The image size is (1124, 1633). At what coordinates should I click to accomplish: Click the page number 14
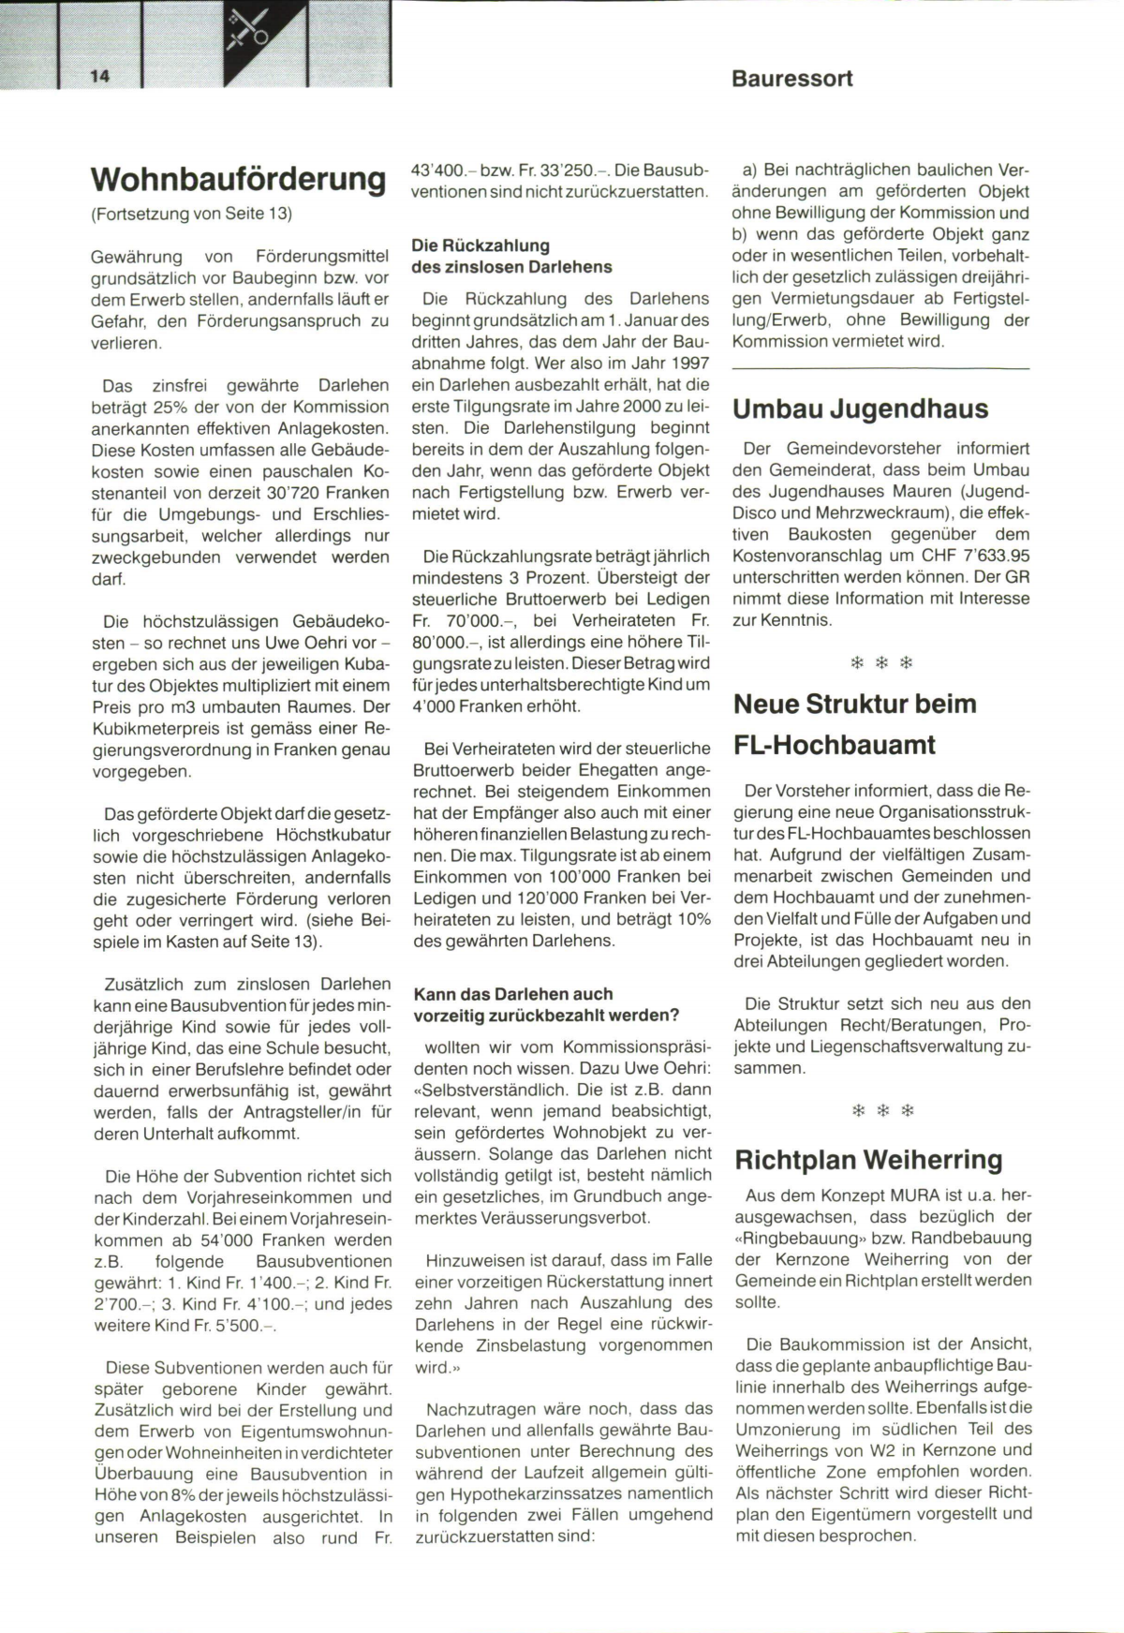point(100,77)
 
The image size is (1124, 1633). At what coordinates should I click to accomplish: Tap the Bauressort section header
point(791,79)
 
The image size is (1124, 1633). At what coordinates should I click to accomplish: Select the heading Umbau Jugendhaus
point(860,409)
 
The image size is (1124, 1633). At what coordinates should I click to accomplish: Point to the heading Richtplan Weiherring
point(868,1160)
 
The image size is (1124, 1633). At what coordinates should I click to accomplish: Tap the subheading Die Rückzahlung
point(481,245)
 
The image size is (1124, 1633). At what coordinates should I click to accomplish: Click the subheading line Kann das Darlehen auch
point(513,994)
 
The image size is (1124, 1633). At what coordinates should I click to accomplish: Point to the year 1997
point(688,363)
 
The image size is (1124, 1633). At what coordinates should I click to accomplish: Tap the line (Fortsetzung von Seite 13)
point(192,214)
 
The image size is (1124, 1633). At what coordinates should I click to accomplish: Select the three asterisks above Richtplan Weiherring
point(880,1111)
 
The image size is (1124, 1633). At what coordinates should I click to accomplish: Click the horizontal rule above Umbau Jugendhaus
point(880,369)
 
